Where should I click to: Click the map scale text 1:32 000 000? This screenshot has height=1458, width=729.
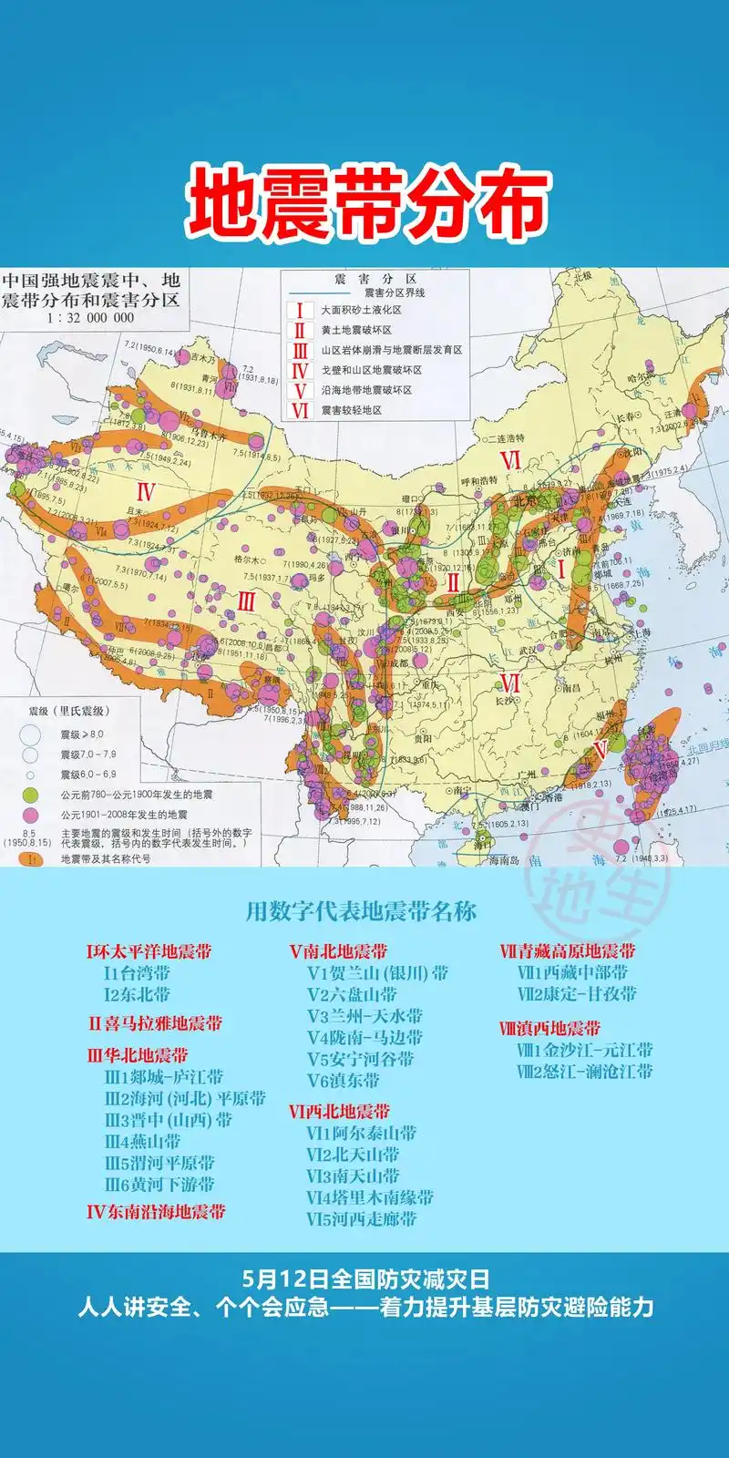tap(90, 318)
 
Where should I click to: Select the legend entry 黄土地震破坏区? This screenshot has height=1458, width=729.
tap(355, 330)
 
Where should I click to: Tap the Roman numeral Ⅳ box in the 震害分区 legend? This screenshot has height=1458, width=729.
tap(299, 370)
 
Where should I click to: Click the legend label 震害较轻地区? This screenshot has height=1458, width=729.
tap(351, 410)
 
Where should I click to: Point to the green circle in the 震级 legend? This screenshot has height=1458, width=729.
tap(30, 795)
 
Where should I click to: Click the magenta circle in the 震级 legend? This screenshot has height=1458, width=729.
tap(30, 815)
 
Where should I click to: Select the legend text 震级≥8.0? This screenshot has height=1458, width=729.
tap(82, 734)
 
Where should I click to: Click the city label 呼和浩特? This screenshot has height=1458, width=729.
tap(479, 481)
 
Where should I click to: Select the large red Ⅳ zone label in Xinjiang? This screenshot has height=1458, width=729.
tap(146, 493)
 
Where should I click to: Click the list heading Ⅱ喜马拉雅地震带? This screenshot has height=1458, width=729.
tap(155, 1022)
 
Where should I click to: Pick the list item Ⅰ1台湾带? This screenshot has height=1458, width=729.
tap(137, 972)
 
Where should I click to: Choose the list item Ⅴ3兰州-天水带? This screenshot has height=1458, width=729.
tap(364, 1015)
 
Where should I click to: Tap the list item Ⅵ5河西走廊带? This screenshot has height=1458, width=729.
tap(362, 1218)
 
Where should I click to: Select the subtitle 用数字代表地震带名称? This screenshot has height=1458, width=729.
tap(361, 911)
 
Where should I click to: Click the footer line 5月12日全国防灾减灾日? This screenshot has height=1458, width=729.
tap(364, 1278)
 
